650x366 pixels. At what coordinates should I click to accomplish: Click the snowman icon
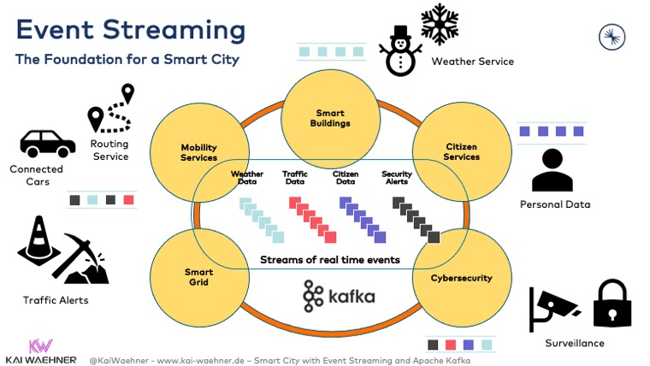399,51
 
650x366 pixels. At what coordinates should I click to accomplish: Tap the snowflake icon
440,24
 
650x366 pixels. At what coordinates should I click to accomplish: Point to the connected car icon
48,144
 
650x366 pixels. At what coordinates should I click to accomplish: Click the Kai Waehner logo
41,351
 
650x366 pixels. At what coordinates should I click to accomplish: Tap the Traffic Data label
294,178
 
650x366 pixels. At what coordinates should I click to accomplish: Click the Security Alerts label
397,178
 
